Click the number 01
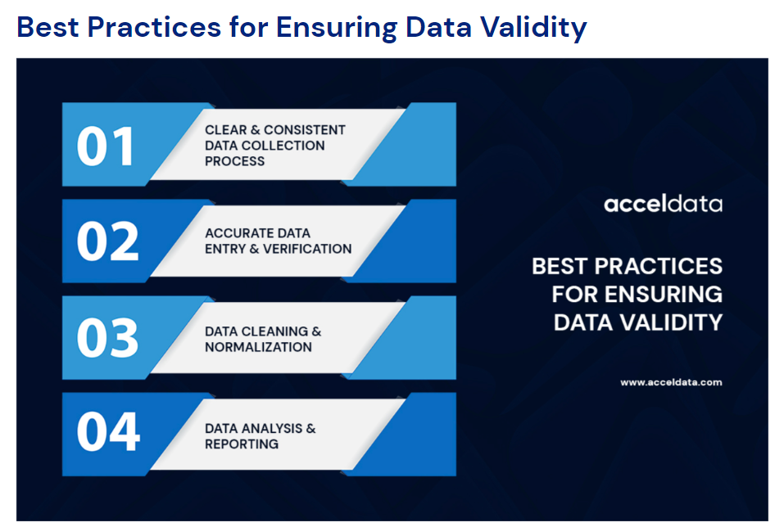pyautogui.click(x=105, y=146)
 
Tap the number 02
pyautogui.click(x=108, y=241)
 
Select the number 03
pyautogui.click(x=108, y=338)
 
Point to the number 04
pyautogui.click(x=108, y=431)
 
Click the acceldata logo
pyautogui.click(x=663, y=204)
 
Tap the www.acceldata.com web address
pyautogui.click(x=671, y=382)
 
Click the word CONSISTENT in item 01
pyautogui.click(x=305, y=130)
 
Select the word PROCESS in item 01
pyautogui.click(x=235, y=161)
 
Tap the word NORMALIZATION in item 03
pyautogui.click(x=259, y=347)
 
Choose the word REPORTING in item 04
pyautogui.click(x=242, y=444)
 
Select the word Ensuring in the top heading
pyautogui.click(x=337, y=28)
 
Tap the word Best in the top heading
pyautogui.click(x=48, y=27)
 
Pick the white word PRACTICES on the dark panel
pyautogui.click(x=658, y=266)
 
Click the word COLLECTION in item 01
pyautogui.click(x=288, y=146)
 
